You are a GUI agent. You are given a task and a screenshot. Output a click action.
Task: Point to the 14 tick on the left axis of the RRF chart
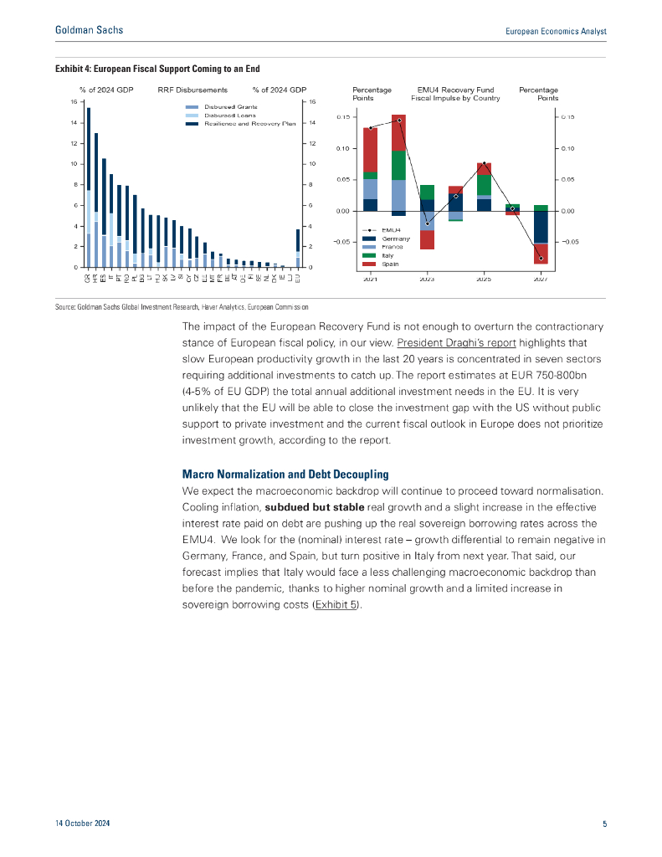coord(74,123)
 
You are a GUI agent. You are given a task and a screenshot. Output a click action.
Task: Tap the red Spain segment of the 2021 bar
coord(370,151)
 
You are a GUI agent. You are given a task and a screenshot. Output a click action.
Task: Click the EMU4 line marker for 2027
coord(541,258)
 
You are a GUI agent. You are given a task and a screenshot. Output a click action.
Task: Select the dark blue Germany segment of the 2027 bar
coord(541,227)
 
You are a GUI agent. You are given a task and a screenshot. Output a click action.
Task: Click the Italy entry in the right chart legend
coord(388,255)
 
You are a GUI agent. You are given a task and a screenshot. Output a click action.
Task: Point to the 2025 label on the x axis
coord(484,279)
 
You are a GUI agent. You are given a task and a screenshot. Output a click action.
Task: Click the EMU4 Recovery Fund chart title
coord(459,94)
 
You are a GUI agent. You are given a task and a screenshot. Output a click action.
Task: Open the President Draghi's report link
coord(456,343)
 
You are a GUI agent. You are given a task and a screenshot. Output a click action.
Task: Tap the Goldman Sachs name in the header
coord(89,30)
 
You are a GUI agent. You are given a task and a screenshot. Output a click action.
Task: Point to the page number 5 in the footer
coord(604,824)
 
